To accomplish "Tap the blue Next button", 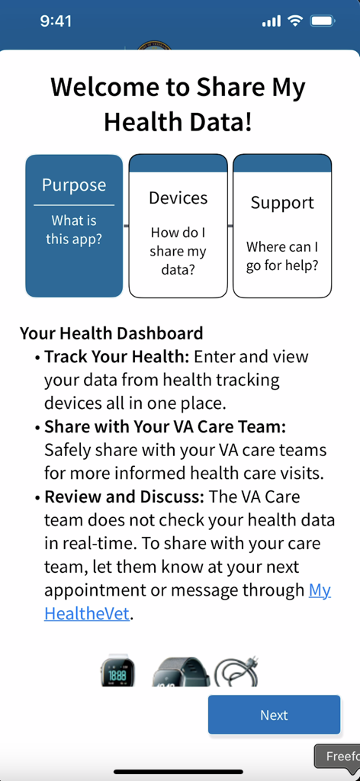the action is coord(274,715).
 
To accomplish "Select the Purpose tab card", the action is coord(74,226).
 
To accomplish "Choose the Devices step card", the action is coord(178,226).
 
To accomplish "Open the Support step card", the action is coord(282,226).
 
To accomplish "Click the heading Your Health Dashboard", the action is coord(111,333).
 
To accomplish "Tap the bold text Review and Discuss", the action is coord(124,497).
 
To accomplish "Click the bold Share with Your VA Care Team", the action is coord(165,427).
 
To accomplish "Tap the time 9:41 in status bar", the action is coord(56,21).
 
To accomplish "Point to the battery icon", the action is coord(323,21).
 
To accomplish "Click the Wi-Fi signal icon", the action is coord(295,21).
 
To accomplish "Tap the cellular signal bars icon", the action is coord(272,21).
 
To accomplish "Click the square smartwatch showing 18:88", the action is coord(117,672).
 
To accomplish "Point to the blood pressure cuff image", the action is coord(236,672).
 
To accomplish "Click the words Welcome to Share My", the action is coord(178,87).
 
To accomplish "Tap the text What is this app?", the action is coord(74,230).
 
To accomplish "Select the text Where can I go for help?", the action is coord(282,256).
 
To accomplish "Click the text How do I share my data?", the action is coord(178,251).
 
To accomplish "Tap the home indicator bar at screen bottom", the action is coord(179,771).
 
